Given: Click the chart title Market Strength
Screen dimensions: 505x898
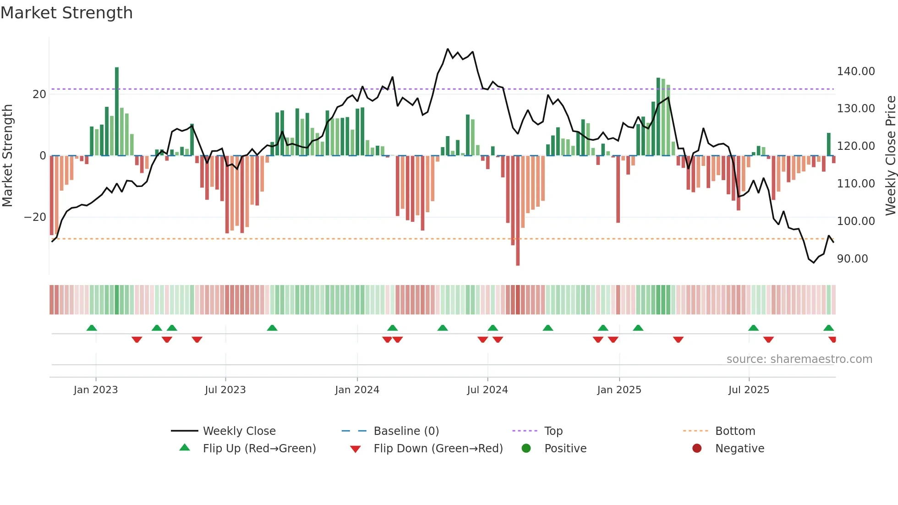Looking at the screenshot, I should pos(67,13).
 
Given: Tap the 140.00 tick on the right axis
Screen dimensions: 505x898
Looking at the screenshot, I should pos(855,71).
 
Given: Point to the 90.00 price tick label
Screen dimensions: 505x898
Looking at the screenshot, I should pos(852,259).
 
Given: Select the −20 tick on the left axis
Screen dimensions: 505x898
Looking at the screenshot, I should pos(35,217).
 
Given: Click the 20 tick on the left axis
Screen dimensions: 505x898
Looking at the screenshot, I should pos(39,94).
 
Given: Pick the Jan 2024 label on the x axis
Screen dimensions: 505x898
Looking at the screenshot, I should pos(357,390).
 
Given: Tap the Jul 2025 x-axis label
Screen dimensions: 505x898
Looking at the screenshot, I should pos(749,390).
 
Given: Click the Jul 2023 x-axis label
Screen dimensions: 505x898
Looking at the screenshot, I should pos(225,390).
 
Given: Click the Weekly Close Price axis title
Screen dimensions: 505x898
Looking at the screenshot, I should pos(890,156).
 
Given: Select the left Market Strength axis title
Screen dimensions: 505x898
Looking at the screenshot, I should pos(8,156).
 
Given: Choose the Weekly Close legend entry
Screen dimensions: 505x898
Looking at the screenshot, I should pos(239,431).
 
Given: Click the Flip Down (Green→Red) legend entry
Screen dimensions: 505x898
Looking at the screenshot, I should pos(438,449).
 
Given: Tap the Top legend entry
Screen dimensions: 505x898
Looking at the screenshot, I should pos(553,431).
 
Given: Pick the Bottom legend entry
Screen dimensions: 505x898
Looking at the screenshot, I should pos(734,431).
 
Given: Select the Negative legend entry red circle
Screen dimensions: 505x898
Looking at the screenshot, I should pos(696,449).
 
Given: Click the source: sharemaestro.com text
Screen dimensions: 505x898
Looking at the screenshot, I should pos(799,359).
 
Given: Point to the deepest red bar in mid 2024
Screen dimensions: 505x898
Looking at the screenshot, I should pos(518,211).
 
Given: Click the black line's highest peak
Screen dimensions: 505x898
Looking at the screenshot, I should pos(448,49).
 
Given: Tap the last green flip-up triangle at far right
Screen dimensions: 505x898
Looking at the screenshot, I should pos(828,328).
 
